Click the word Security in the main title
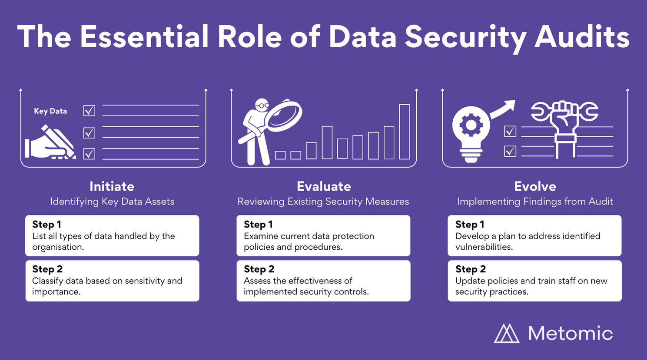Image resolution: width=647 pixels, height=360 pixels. pyautogui.click(x=465, y=38)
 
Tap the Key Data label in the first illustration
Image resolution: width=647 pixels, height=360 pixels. pyautogui.click(x=50, y=111)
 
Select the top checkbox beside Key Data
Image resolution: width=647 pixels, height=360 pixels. pyautogui.click(x=89, y=110)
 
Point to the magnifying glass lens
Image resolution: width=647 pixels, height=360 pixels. pyautogui.click(x=283, y=115)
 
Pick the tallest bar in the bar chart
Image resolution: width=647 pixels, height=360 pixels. pyautogui.click(x=405, y=132)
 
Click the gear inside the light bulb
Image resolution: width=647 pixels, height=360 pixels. pyautogui.click(x=471, y=125)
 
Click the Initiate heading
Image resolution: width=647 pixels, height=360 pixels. pyautogui.click(x=112, y=186)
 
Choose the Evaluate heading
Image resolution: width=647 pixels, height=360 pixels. pyautogui.click(x=324, y=186)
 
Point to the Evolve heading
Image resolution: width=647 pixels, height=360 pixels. pyautogui.click(x=535, y=186)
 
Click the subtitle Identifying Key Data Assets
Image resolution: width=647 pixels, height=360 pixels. pyautogui.click(x=112, y=201)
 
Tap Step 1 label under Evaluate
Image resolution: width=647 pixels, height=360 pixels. pyautogui.click(x=258, y=225)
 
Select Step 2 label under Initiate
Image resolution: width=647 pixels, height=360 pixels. pyautogui.click(x=47, y=269)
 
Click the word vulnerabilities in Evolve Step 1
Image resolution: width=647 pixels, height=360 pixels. pyautogui.click(x=484, y=247)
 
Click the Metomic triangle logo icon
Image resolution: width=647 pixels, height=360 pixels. pyautogui.click(x=507, y=333)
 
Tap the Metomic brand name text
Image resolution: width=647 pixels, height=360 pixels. pyautogui.click(x=571, y=334)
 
